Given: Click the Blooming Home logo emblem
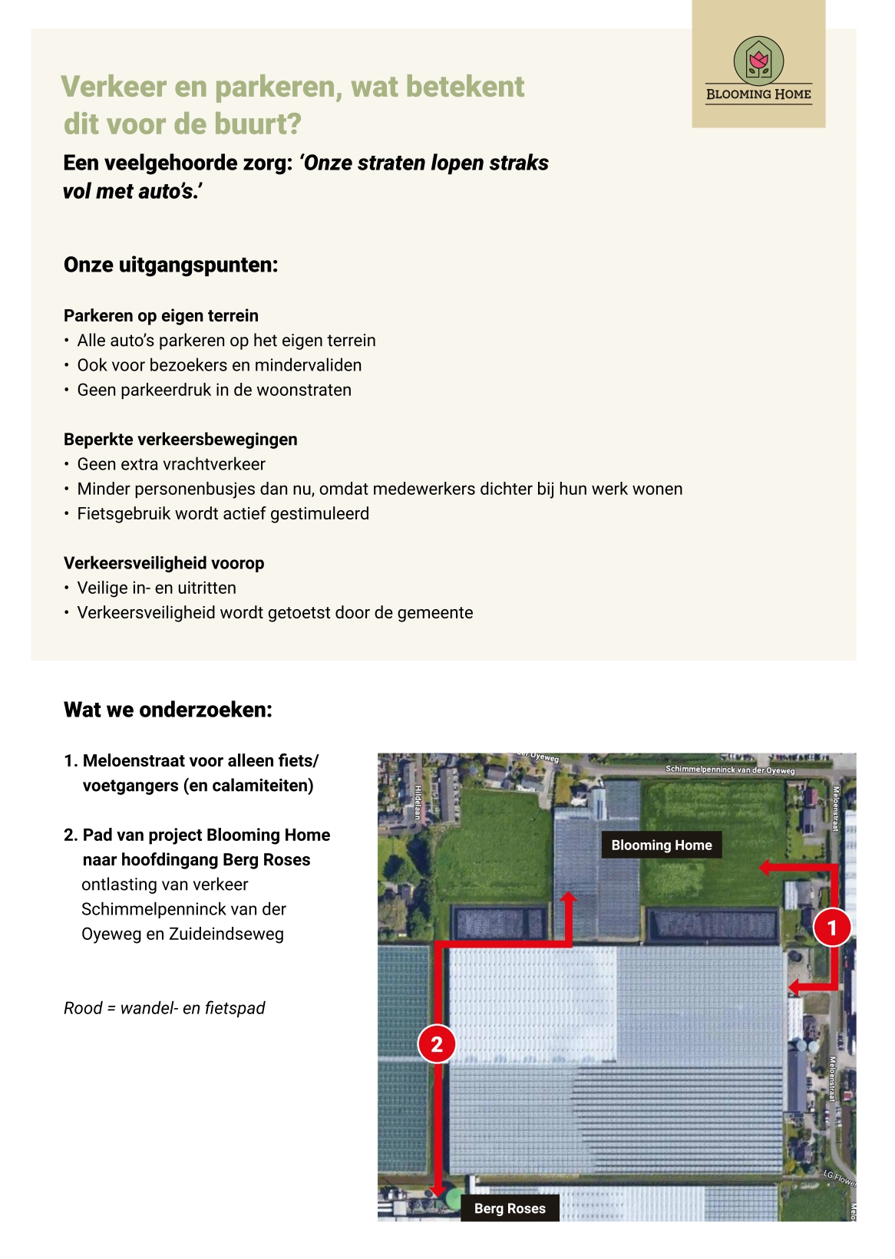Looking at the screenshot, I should (758, 61).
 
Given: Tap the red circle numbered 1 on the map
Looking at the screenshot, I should (832, 928).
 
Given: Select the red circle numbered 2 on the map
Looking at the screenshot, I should (437, 1044).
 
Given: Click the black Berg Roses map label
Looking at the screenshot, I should (510, 1208).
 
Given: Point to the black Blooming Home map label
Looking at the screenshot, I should (662, 845).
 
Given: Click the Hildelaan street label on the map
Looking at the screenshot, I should (418, 803).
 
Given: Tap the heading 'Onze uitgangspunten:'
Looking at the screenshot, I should (170, 265).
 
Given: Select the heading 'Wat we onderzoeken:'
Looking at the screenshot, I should (168, 710).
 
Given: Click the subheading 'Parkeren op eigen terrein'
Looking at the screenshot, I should (161, 315).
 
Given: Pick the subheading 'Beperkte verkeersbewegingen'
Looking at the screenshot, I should (180, 440).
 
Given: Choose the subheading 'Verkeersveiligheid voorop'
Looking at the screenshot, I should (163, 563).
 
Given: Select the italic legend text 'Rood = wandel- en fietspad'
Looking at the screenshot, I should (164, 1008).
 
